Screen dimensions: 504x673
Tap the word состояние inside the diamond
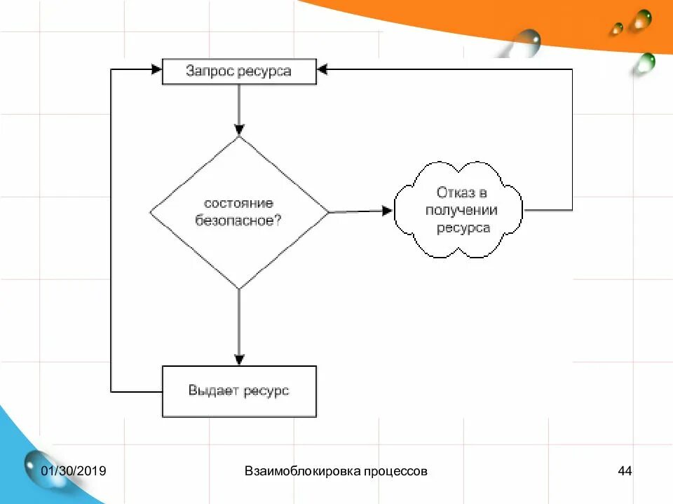point(238,203)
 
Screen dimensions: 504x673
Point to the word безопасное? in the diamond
point(238,219)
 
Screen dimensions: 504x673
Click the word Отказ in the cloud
point(453,192)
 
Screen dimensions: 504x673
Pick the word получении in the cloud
point(461,210)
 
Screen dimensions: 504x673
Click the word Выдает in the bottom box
point(213,391)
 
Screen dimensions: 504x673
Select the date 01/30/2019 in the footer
point(73,471)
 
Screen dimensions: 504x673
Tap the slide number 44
point(625,471)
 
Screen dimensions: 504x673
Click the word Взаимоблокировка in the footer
point(302,471)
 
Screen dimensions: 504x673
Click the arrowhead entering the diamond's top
point(239,130)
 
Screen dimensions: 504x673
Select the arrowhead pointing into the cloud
point(388,210)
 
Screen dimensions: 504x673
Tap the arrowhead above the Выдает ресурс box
point(239,359)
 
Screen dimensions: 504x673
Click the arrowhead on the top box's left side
point(156,69)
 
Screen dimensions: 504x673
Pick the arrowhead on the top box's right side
point(322,69)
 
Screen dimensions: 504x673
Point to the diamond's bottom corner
point(239,288)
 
